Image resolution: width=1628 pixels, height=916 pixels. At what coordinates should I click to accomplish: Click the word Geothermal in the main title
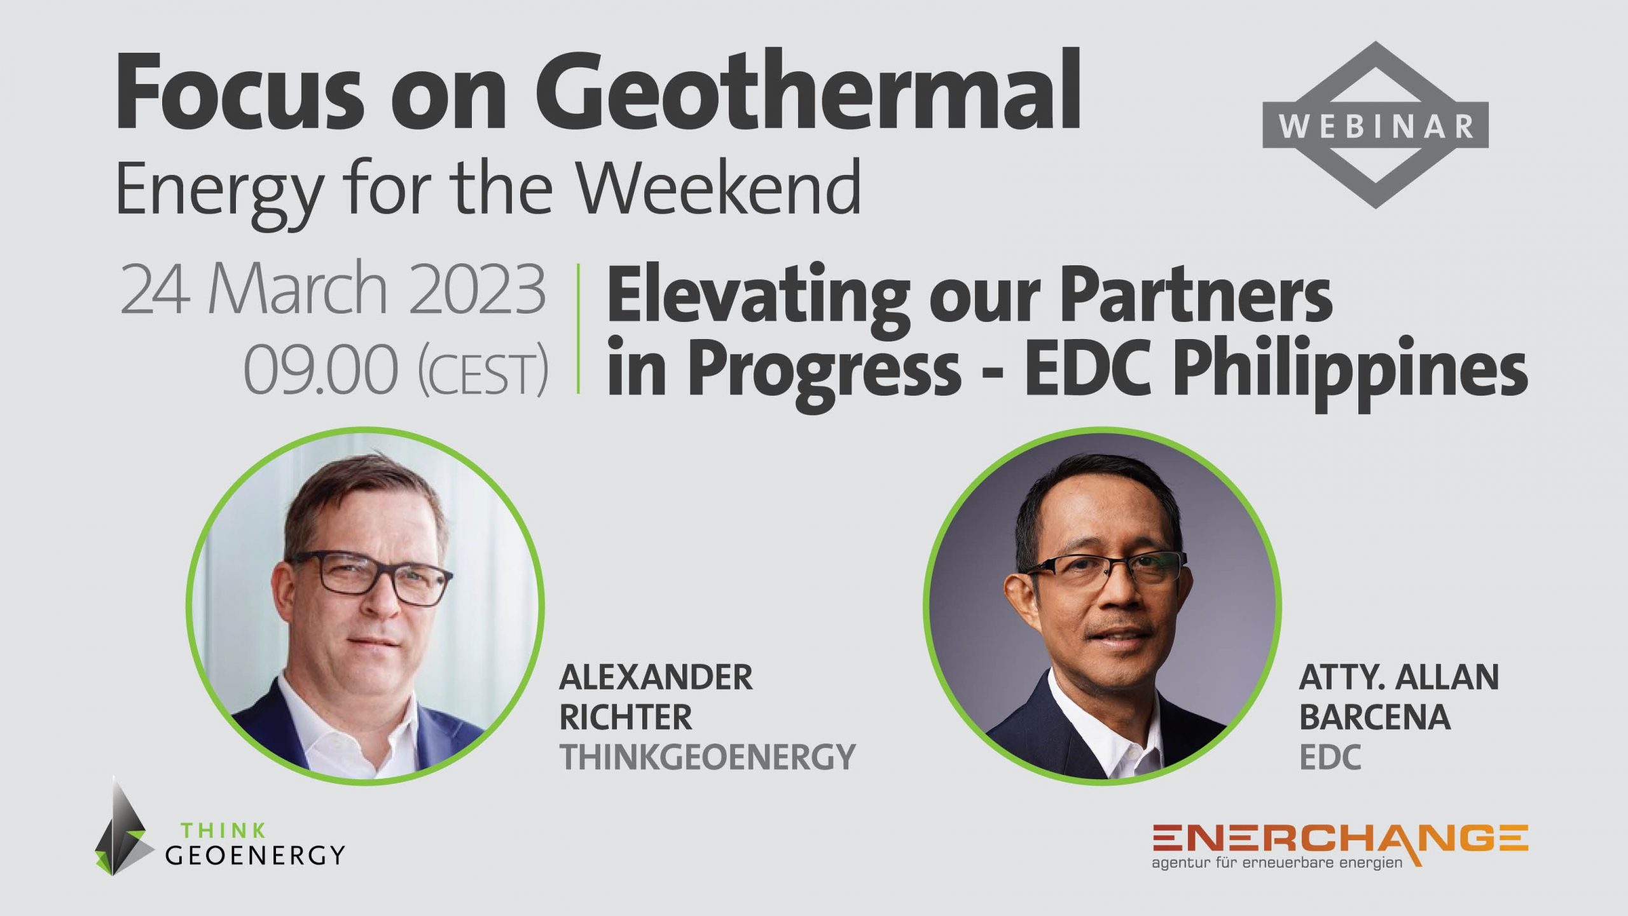[808, 92]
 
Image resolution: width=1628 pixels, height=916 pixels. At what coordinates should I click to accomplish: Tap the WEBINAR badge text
[1376, 126]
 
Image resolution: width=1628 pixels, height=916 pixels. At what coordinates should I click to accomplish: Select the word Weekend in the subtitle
[719, 188]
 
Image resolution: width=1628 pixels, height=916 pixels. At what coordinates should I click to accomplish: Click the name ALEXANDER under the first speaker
[656, 677]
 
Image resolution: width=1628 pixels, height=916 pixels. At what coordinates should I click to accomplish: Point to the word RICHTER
[626, 718]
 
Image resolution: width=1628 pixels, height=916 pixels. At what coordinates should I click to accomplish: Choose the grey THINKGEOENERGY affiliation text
[707, 757]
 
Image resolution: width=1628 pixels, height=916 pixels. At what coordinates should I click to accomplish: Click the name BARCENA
[1374, 718]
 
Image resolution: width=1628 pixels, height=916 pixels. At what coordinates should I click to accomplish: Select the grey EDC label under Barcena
[1330, 757]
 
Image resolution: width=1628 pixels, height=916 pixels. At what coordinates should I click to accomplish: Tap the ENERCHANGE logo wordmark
[1340, 838]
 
